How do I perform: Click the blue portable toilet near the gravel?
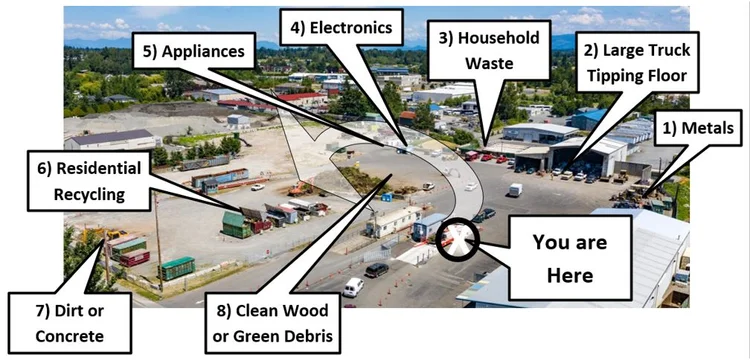point(386,196)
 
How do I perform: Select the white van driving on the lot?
point(514,189)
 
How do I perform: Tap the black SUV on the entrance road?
point(376,269)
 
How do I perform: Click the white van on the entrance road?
point(352,287)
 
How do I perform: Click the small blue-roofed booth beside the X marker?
point(430,225)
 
